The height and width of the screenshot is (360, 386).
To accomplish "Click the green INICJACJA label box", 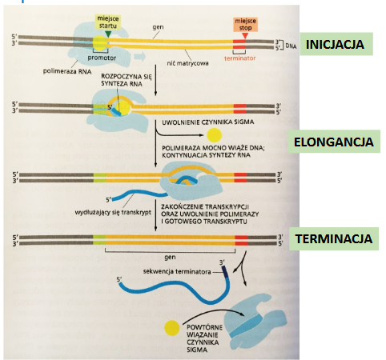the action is point(336,44).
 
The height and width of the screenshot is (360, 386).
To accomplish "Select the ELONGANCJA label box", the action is point(334,142).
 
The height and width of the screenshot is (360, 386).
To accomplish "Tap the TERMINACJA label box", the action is point(334,238).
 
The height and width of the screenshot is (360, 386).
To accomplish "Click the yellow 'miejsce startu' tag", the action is point(108,22).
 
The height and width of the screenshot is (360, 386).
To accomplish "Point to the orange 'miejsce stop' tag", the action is point(245,25).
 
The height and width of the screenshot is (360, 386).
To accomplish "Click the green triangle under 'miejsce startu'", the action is point(108,34).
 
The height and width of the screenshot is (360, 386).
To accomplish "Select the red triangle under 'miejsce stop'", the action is point(245,36).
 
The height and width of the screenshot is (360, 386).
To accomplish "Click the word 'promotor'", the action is point(102,58).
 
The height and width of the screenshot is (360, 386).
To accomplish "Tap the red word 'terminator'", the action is point(239,58).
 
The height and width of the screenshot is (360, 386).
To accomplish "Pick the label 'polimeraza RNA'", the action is point(67,71).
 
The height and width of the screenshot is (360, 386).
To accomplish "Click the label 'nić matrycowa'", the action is point(187,63).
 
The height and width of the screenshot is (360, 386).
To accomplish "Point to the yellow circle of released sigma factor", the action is point(215,135).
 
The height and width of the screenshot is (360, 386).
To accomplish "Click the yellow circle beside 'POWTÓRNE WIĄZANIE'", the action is point(172,328).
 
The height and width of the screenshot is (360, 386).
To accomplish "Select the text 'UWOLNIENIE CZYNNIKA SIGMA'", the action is point(208,122).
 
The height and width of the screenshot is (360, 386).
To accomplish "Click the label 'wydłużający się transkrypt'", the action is point(113,213).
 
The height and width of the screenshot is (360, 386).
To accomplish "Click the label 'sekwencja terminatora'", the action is point(177,272).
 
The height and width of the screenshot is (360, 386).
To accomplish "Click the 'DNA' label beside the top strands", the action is point(291,46).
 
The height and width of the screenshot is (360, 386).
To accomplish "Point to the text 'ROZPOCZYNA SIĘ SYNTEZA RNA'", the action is point(126,80).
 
